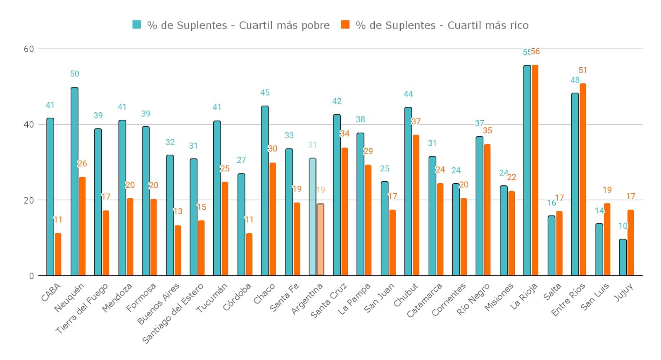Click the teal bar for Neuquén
[x=74, y=182]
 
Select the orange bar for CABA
[x=58, y=254]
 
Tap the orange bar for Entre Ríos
[x=583, y=180]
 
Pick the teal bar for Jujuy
[x=623, y=257]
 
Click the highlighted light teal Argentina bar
[x=312, y=217]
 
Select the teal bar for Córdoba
[x=241, y=225]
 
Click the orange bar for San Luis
[x=606, y=239]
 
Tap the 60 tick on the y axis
[x=29, y=49]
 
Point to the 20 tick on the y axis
[x=29, y=200]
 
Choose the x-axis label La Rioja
[x=524, y=296]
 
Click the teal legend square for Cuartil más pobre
[x=137, y=25]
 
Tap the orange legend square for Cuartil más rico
[x=345, y=25]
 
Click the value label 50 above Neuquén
[x=74, y=74]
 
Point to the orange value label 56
[x=535, y=52]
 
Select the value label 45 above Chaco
[x=265, y=93]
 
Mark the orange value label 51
[x=583, y=71]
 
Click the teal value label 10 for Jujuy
[x=623, y=226]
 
